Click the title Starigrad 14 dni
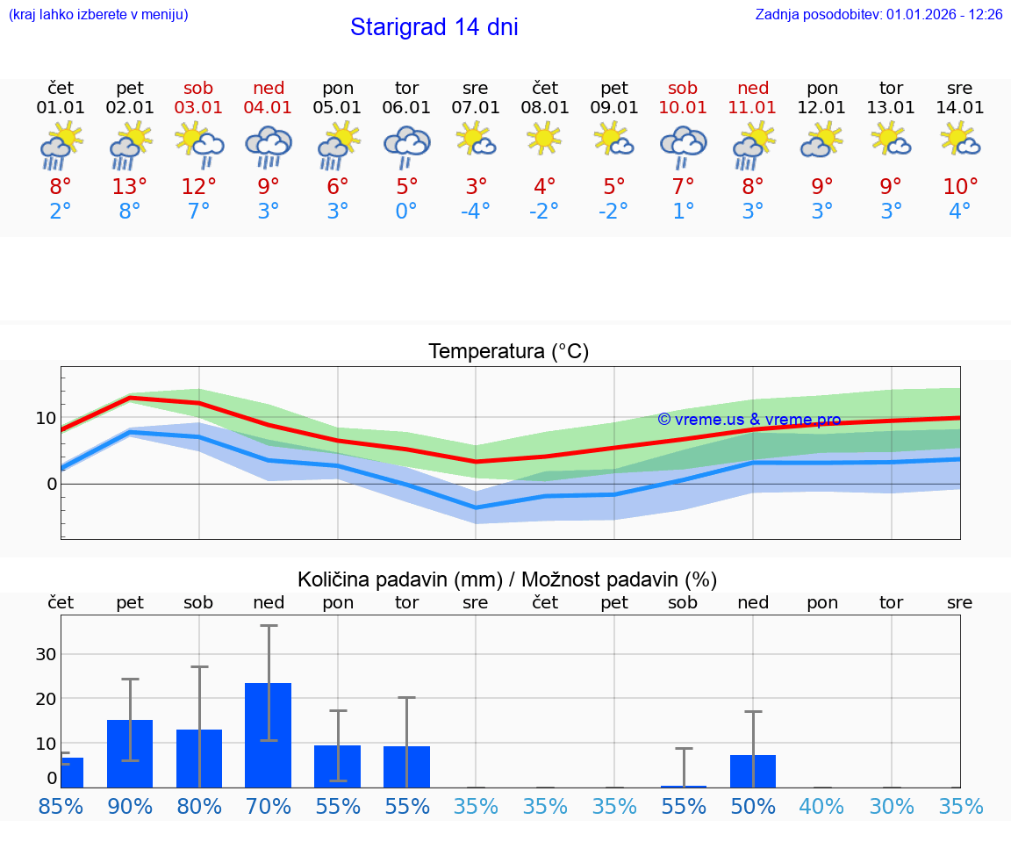[434, 27]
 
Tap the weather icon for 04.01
[269, 147]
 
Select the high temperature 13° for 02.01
[130, 186]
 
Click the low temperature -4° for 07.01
[476, 211]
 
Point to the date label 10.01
[683, 107]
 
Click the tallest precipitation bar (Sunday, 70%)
[269, 735]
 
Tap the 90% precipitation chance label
[130, 806]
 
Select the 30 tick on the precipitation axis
[46, 654]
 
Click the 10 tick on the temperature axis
[46, 418]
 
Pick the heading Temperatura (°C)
[508, 352]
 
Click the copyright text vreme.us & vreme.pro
[749, 420]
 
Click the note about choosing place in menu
[98, 15]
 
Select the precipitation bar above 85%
[72, 773]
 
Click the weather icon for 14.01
[960, 140]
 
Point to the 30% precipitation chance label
[891, 806]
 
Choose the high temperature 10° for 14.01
[960, 186]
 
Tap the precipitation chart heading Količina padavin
[507, 579]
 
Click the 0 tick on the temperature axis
[51, 484]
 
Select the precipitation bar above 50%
[753, 771]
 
